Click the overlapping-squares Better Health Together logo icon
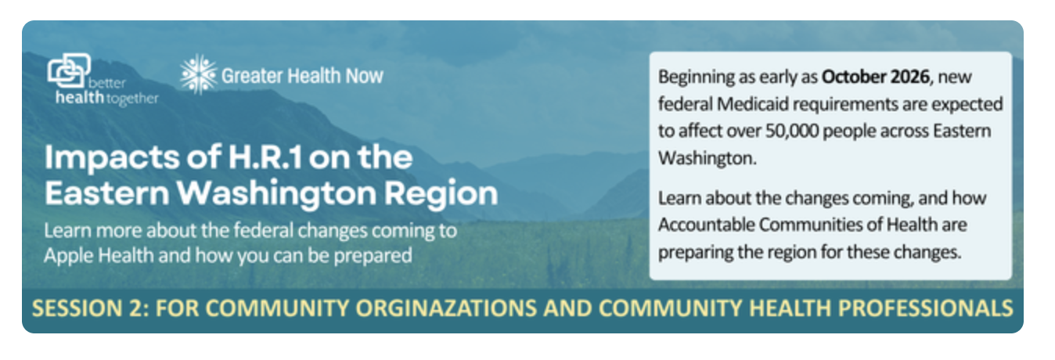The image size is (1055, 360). pyautogui.click(x=69, y=70)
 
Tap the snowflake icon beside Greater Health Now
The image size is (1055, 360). pyautogui.click(x=199, y=74)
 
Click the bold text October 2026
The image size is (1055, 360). pyautogui.click(x=876, y=77)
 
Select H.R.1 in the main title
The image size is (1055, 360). pyautogui.click(x=265, y=157)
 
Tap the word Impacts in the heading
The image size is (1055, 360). pyautogui.click(x=112, y=158)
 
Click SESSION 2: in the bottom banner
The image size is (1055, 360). pyautogui.click(x=91, y=308)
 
